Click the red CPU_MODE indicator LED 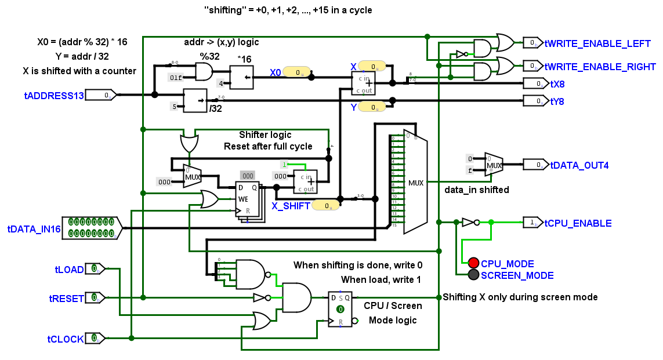[474, 263]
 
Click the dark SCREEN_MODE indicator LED [474, 275]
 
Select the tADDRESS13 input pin [102, 94]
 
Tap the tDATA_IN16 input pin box [90, 227]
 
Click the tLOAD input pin [95, 269]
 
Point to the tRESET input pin [95, 297]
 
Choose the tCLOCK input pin [95, 338]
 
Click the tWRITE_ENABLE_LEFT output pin [532, 42]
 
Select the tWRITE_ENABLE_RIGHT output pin [532, 66]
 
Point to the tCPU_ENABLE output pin [532, 223]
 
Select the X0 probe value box [298, 72]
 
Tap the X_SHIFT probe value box [327, 205]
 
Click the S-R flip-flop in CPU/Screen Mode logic [340, 308]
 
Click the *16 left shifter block [242, 77]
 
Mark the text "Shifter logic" [265, 135]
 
